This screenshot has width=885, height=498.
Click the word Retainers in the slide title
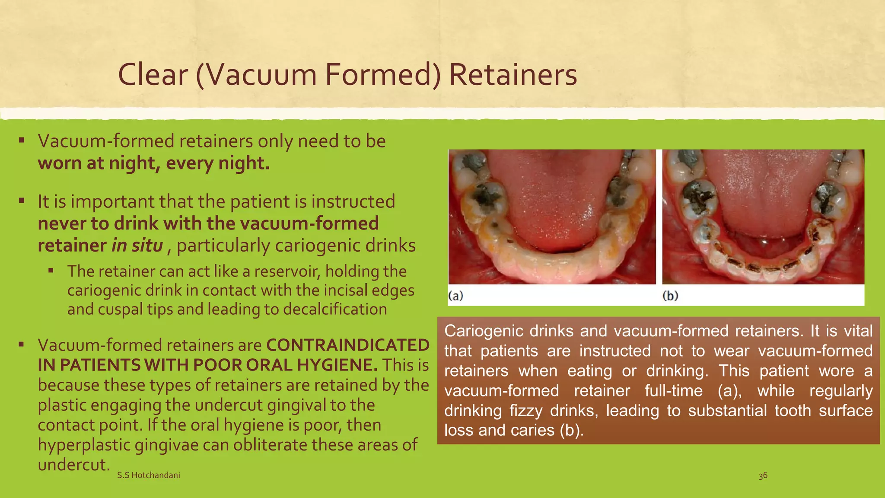(513, 75)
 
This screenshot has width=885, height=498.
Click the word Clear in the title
(153, 75)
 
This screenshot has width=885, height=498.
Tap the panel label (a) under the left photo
(456, 296)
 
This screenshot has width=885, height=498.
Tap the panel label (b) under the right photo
(670, 296)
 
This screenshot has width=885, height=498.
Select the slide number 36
(763, 476)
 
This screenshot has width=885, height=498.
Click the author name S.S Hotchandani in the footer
(149, 475)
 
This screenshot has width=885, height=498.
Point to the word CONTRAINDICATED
(348, 345)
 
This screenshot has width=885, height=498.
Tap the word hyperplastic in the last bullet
(84, 445)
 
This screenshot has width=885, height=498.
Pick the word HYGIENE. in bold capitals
(337, 365)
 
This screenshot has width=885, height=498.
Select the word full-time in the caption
(674, 390)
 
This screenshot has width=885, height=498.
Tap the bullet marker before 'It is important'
(22, 201)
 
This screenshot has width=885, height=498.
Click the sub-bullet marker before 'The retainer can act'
(51, 271)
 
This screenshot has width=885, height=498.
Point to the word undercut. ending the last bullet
(72, 465)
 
